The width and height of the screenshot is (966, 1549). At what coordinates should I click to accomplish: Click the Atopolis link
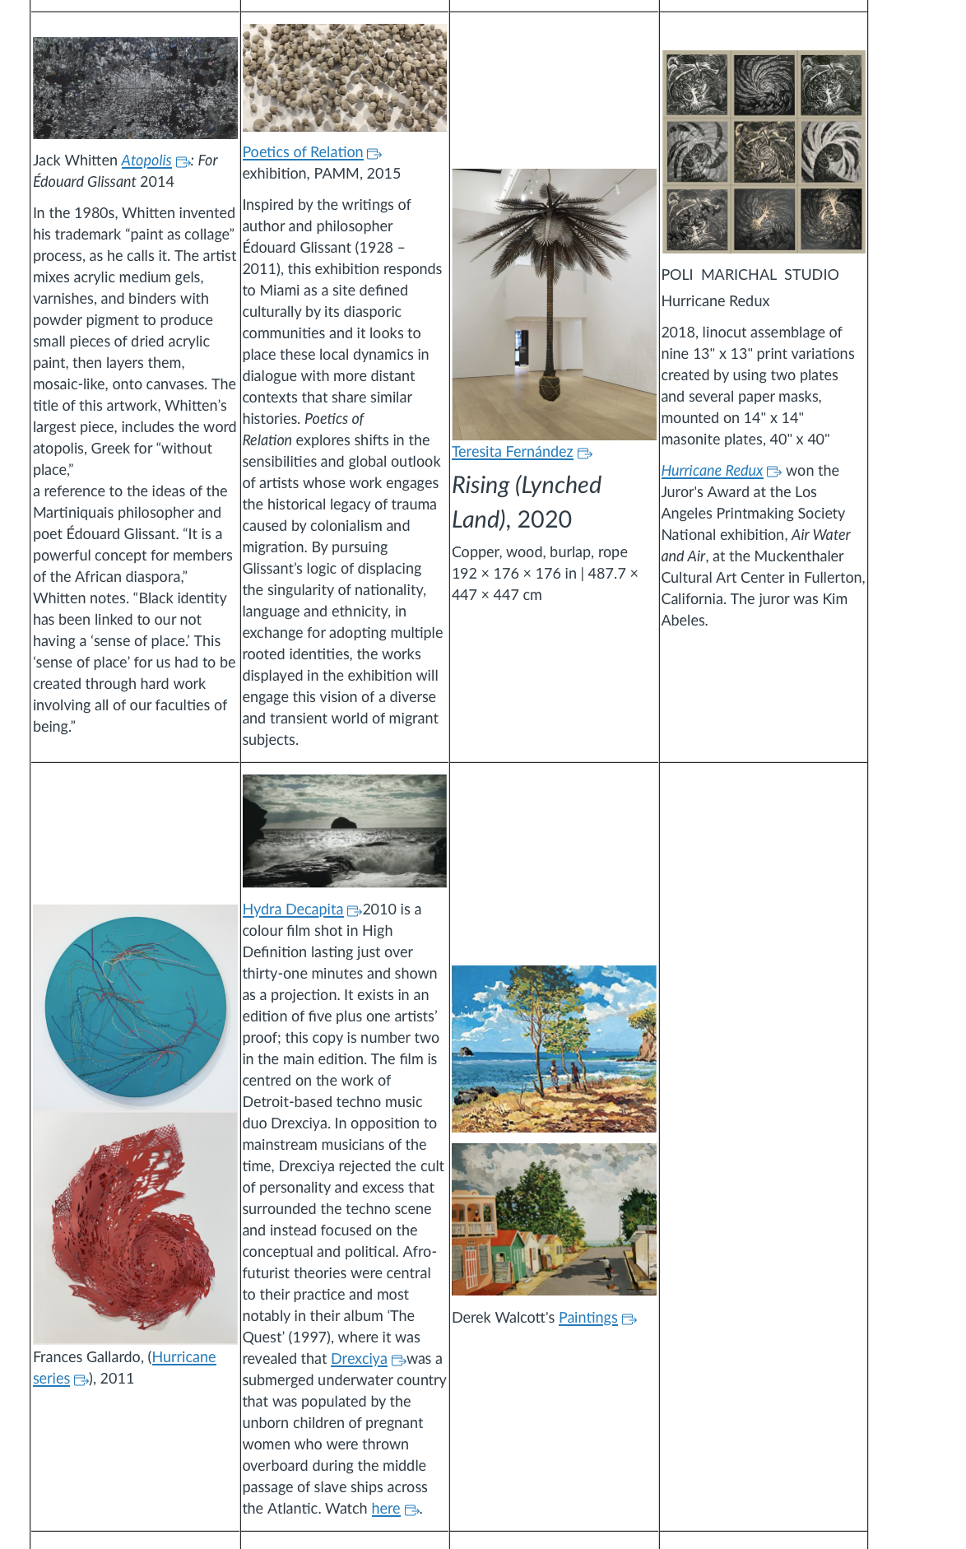[x=146, y=160]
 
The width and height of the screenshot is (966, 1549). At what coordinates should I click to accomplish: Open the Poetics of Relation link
[x=303, y=152]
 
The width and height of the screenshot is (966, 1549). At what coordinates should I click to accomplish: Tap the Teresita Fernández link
[x=512, y=452]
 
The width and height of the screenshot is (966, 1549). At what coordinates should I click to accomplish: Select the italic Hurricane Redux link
[x=712, y=471]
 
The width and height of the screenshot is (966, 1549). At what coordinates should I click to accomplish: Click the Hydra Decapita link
[x=292, y=909]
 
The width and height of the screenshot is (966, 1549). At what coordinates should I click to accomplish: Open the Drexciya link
[x=359, y=1359]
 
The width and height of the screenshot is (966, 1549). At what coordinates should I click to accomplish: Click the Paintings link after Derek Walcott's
[x=587, y=1318]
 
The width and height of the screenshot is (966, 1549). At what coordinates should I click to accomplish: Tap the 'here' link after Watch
[x=385, y=1509]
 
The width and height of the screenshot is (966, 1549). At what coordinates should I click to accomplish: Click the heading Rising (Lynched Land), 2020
[x=527, y=502]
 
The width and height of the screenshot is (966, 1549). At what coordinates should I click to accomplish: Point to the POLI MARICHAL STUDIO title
[x=750, y=275]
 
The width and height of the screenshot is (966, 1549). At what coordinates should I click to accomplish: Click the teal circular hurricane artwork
[x=136, y=1006]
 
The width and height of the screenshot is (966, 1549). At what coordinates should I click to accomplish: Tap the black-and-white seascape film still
[x=345, y=830]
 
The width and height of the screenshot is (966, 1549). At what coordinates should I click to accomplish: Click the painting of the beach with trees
[x=554, y=1048]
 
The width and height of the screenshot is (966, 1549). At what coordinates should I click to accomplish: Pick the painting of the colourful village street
[x=554, y=1219]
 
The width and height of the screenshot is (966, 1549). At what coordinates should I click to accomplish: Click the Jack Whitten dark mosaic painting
[x=135, y=88]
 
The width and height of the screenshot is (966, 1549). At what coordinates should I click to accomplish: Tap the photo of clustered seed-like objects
[x=345, y=78]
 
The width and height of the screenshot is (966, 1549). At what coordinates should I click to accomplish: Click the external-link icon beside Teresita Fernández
[x=585, y=454]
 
